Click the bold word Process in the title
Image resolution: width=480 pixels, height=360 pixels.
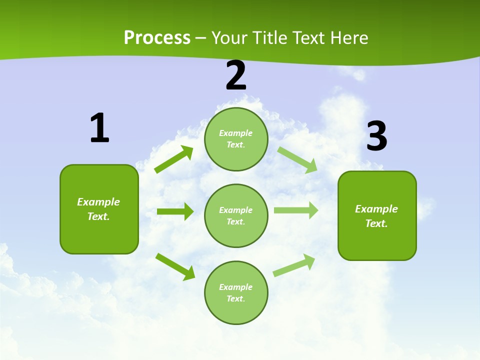[x=157, y=38]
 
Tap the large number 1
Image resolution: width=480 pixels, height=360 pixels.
[x=99, y=128]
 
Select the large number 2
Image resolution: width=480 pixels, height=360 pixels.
[x=236, y=75]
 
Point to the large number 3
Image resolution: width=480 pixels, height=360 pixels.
[x=376, y=136]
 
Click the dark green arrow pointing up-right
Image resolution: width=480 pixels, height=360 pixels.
[x=174, y=159]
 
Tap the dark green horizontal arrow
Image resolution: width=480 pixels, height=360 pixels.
[x=175, y=211]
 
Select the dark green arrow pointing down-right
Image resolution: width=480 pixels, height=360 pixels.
[x=175, y=266]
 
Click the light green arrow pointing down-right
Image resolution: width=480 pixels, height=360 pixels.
[x=297, y=159]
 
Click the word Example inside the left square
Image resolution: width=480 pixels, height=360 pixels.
[x=98, y=202]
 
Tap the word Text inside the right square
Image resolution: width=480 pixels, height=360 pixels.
[x=375, y=223]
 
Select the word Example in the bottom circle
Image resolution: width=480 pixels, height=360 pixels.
[x=236, y=287]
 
